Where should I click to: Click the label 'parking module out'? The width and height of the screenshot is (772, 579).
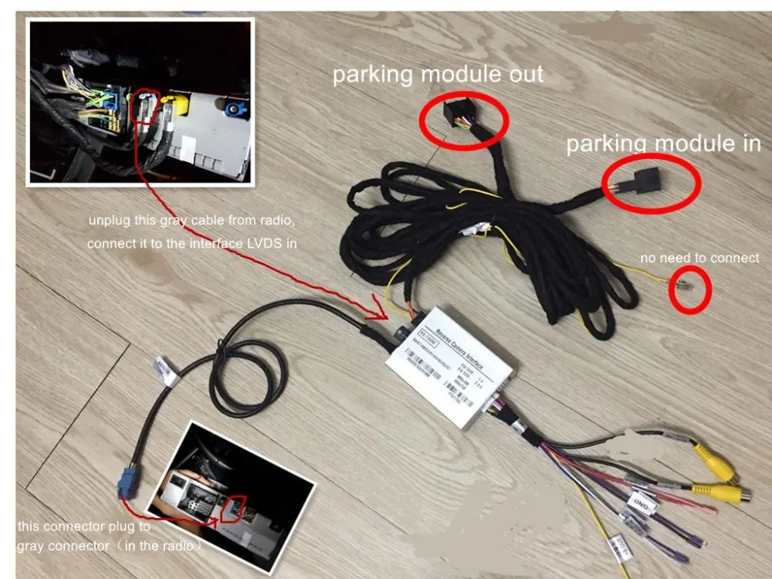(438, 75)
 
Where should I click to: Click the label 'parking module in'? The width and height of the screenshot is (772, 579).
(663, 144)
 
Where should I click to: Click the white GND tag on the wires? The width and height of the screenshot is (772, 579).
(644, 503)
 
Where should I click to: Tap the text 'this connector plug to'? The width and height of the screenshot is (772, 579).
(83, 529)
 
